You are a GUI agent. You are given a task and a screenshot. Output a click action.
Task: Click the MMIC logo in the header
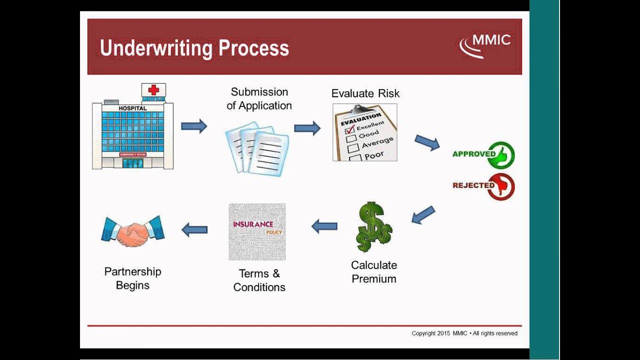point(485,45)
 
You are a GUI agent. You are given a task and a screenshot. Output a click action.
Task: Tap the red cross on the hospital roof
point(153,90)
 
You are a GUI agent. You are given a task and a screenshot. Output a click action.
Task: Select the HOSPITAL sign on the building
point(132,108)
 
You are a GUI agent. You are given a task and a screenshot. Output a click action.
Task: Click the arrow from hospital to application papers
point(194,126)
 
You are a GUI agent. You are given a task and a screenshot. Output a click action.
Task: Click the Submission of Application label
point(259,98)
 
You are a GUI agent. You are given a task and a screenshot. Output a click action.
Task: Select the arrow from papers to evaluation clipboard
point(307,128)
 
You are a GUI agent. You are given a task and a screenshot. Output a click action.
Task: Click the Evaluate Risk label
point(365,93)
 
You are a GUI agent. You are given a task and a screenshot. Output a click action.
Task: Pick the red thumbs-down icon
point(501,186)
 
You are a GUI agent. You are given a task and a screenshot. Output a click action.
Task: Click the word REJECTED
point(473,185)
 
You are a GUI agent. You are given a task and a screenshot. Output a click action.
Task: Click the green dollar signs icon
point(374,227)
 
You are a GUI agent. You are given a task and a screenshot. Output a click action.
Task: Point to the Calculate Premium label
point(374,272)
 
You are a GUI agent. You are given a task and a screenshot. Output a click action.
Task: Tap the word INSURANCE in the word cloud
point(253,224)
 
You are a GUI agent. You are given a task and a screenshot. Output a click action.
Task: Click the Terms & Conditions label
point(259,280)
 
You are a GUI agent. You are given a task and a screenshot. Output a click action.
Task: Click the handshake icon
point(133,231)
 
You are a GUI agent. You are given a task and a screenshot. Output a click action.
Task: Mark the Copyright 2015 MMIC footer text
point(464,333)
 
